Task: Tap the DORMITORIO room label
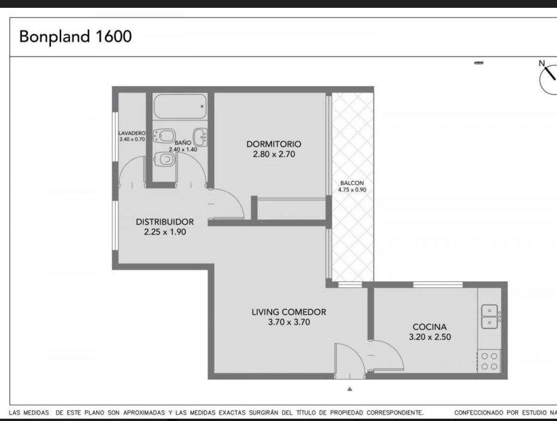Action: (x=274, y=144)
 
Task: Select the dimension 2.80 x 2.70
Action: (x=274, y=154)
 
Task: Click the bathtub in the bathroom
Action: (x=180, y=106)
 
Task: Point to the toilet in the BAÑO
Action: (x=165, y=159)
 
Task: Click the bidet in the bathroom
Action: (x=165, y=136)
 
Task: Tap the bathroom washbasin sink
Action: (x=200, y=137)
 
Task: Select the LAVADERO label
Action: (x=132, y=133)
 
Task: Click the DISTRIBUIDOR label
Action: (x=165, y=222)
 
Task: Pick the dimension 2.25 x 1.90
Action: (x=165, y=232)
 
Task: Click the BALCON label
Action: (x=352, y=183)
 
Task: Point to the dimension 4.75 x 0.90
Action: (x=352, y=190)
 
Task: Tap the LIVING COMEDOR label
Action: (x=289, y=312)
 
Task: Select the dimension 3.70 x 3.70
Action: (x=289, y=322)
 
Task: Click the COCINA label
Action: (x=429, y=327)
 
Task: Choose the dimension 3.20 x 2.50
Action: (x=430, y=337)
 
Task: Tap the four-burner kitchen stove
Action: (x=489, y=361)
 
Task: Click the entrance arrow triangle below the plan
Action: (x=349, y=389)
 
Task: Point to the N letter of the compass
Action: (x=542, y=63)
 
